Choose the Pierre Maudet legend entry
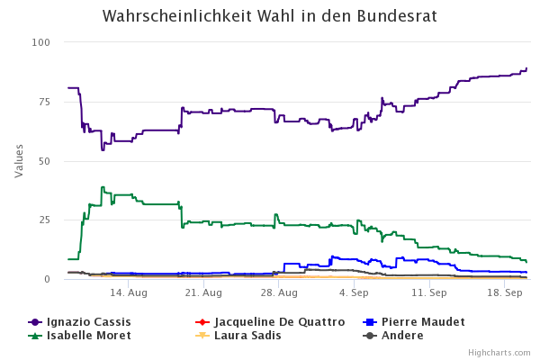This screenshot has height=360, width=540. (x=422, y=322)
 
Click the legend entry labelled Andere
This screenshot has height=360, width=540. (x=401, y=336)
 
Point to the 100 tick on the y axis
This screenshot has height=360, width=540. (x=41, y=43)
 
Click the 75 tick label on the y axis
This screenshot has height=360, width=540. (x=44, y=102)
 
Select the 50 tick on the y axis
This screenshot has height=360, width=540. (x=44, y=161)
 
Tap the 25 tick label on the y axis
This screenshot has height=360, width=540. (x=44, y=220)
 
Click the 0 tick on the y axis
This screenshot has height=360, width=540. (x=47, y=279)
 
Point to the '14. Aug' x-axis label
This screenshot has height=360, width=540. (x=129, y=293)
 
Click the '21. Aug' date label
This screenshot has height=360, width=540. (x=204, y=293)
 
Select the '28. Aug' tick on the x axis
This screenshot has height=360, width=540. (x=279, y=293)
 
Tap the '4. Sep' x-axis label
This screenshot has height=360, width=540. (x=354, y=293)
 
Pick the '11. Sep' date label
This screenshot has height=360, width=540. (x=429, y=293)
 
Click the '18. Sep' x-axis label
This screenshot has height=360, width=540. (x=505, y=293)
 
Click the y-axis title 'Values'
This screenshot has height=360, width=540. (x=19, y=160)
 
